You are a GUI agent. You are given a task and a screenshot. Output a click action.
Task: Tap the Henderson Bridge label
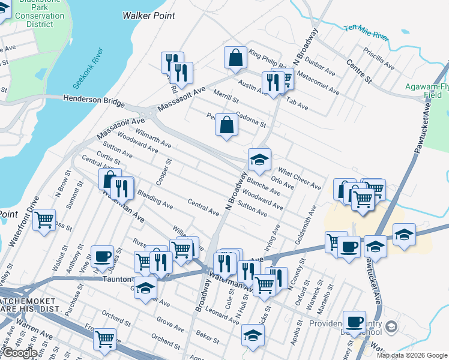click(x=88, y=98)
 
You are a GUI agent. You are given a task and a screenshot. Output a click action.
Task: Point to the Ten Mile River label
click(x=367, y=32)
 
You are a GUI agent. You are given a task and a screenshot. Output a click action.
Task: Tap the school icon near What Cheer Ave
click(x=259, y=160)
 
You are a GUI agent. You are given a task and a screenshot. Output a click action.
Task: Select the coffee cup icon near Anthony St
click(x=102, y=257)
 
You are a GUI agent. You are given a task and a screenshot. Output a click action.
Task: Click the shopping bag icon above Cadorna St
click(x=227, y=125)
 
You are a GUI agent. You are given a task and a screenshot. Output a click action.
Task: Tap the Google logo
click(x=20, y=353)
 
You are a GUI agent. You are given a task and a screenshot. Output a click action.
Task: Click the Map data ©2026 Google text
click(x=412, y=355)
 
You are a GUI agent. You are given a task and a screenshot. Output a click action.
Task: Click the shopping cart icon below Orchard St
click(x=105, y=339)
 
